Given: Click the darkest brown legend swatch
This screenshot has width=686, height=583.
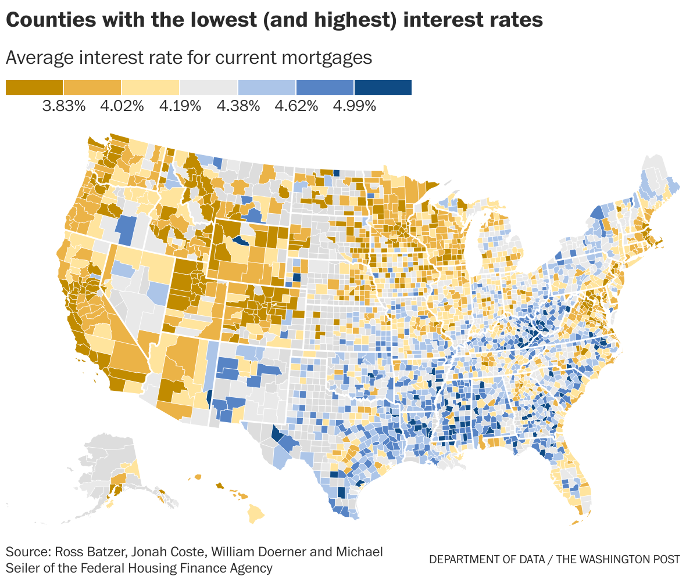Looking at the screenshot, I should point(34,87).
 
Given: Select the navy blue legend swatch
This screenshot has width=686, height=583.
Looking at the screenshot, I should point(383,87).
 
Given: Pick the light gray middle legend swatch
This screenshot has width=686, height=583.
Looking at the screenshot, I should point(208,87).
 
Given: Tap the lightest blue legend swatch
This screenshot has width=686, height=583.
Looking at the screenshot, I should point(266,87).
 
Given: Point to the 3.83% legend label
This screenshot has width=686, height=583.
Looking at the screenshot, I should point(64,106).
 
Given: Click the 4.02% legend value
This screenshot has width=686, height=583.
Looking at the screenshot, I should point(122,106).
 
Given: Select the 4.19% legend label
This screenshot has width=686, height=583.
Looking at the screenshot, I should point(180,106).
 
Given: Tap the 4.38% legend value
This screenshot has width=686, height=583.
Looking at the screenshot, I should point(238,106).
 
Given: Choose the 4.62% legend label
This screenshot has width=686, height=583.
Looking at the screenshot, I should point(296,106).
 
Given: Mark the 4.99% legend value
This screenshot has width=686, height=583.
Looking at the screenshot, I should point(354,106).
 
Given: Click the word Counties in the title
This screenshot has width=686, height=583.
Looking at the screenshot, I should point(47,20).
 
